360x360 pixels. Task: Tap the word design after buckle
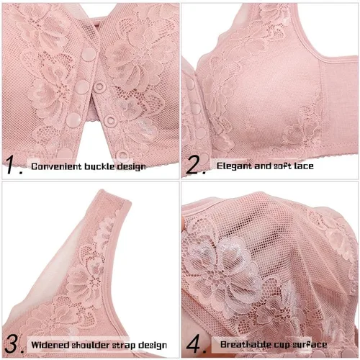(131, 167)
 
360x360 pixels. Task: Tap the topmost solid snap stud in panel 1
(88, 54)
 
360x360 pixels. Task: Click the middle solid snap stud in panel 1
(82, 86)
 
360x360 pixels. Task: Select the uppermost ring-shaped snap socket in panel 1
(99, 87)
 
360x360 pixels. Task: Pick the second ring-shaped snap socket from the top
(111, 121)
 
